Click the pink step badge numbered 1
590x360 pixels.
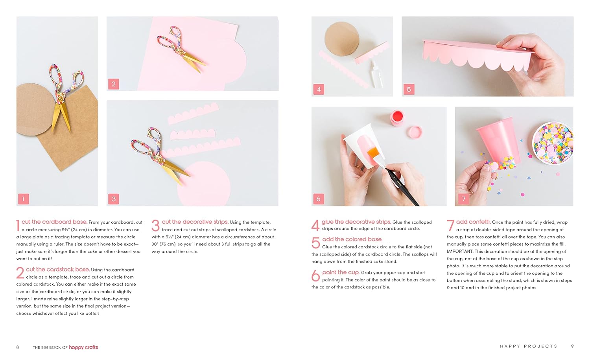(x=24, y=199)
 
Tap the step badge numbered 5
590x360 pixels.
(x=409, y=90)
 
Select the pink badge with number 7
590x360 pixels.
(x=464, y=199)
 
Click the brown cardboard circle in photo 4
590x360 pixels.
(x=342, y=39)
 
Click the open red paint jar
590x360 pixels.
(x=397, y=118)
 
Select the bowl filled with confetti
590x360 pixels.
(x=553, y=143)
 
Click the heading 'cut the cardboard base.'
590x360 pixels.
(x=54, y=222)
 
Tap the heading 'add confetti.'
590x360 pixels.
(x=473, y=222)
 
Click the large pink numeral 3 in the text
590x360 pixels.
(x=155, y=226)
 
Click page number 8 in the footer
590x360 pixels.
(x=18, y=347)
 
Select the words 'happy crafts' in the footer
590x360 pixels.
(x=83, y=347)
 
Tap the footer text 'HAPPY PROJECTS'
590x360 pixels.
(x=528, y=346)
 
